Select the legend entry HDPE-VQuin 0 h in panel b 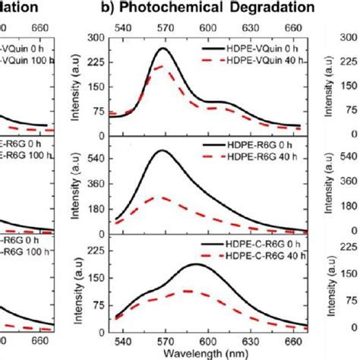pyautogui.click(x=262, y=47)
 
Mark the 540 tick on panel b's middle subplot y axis pyautogui.click(x=93, y=161)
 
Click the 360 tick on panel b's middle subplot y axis pyautogui.click(x=93, y=185)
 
